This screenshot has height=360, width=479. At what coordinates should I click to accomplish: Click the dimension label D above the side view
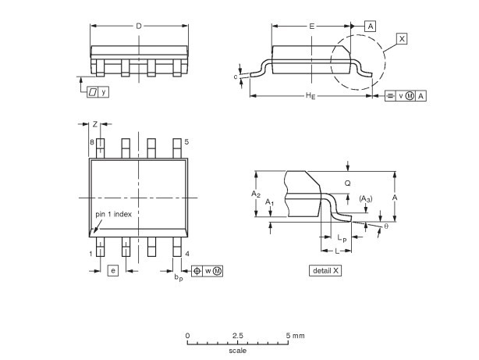tap(139, 26)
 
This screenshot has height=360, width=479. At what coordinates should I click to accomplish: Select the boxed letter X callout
tap(402, 39)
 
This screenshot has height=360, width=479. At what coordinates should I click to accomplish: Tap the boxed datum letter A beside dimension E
tap(371, 27)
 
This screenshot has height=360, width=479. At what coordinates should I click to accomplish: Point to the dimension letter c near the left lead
tap(236, 77)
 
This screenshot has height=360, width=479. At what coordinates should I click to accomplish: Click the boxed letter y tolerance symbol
tap(104, 92)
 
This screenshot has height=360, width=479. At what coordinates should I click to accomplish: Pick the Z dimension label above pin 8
tap(95, 124)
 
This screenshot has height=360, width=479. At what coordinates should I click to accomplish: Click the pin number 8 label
tap(91, 142)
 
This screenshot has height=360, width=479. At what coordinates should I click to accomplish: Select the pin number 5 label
tap(186, 141)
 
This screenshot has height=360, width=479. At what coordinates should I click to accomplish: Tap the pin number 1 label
tap(90, 254)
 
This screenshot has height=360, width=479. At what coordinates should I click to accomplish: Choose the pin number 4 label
tap(187, 254)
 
